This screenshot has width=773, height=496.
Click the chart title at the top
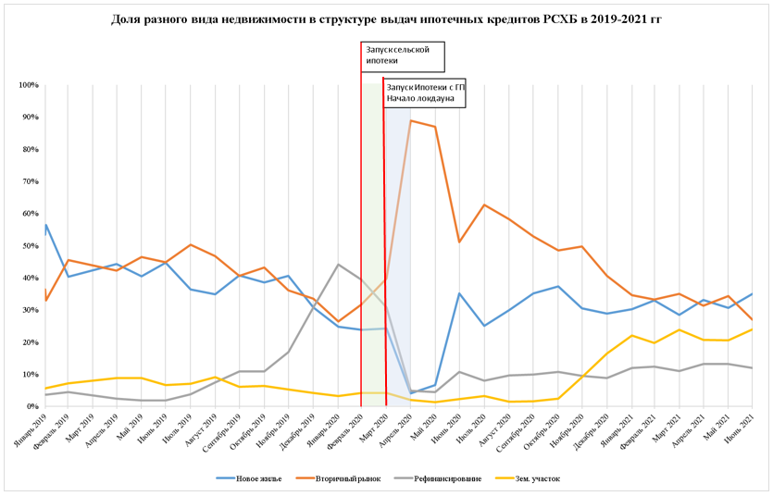click(x=386, y=19)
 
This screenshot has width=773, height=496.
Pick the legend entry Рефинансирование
click(x=441, y=478)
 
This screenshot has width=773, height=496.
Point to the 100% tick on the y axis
click(x=27, y=85)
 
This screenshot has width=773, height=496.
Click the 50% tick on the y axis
click(x=29, y=246)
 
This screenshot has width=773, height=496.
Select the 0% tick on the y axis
click(x=31, y=406)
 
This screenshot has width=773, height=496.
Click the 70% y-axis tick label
click(x=29, y=181)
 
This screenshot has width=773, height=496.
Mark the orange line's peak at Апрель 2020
click(x=411, y=120)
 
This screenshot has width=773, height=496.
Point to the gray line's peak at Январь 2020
click(x=338, y=265)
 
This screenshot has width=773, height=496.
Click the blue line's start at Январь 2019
click(x=45, y=225)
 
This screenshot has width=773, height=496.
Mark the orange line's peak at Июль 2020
click(x=483, y=205)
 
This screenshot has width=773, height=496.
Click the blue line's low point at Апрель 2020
click(x=411, y=393)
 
